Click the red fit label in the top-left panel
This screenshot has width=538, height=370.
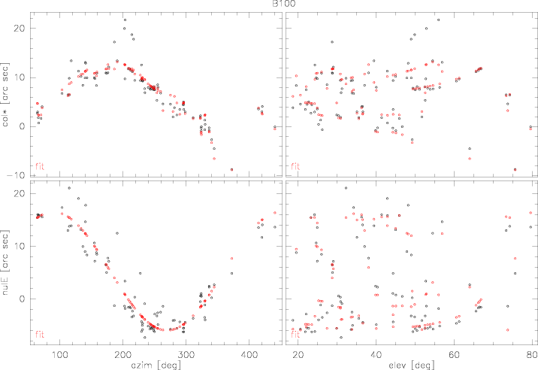[41, 165]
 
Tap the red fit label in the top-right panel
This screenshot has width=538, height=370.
[295, 165]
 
